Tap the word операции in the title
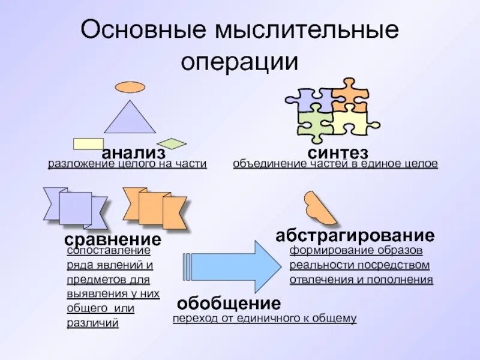[239, 62]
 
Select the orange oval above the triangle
[130, 87]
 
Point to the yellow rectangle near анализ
[88, 143]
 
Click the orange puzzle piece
[349, 95]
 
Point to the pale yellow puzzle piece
[351, 122]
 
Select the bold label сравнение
[113, 240]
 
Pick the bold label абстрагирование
[355, 235]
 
